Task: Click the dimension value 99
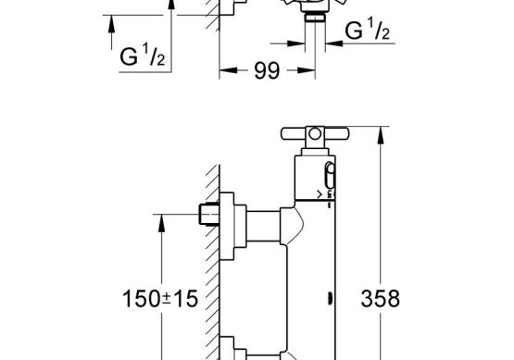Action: pyautogui.click(x=267, y=70)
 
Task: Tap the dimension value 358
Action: pyautogui.click(x=381, y=298)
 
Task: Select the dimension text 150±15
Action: pyautogui.click(x=160, y=298)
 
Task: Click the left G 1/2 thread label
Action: pyautogui.click(x=143, y=55)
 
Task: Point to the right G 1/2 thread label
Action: pyautogui.click(x=368, y=30)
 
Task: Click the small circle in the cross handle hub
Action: pyautogui.click(x=315, y=133)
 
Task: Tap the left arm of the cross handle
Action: pyautogui.click(x=294, y=133)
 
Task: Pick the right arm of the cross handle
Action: pyautogui.click(x=337, y=133)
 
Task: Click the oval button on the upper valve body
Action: pyautogui.click(x=330, y=176)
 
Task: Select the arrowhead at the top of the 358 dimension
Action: pyautogui.click(x=381, y=135)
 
